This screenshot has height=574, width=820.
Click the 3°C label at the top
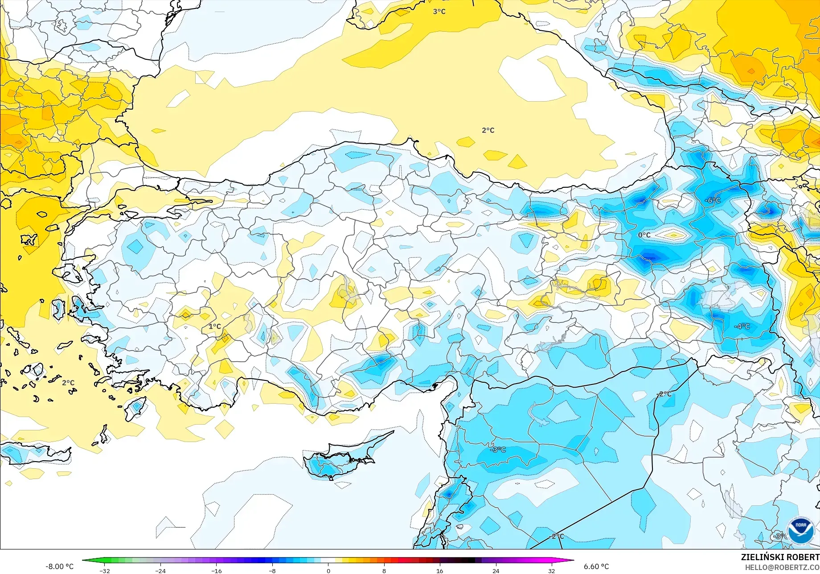pos(439,12)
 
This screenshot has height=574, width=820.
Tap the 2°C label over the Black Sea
pos(488,130)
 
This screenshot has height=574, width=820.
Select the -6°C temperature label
pos(713,200)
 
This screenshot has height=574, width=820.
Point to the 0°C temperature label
pos(644,235)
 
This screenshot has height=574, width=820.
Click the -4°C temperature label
pos(742,326)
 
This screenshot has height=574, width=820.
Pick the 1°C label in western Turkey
pos(215,326)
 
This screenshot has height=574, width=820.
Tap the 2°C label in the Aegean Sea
pos(68,383)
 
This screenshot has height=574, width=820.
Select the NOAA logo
pos(801,531)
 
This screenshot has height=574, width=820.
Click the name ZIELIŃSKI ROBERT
pos(780,557)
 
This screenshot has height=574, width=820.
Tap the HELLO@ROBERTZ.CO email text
pos(782,567)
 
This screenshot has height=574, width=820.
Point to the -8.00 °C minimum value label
pos(59,566)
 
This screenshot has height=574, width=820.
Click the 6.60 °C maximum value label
pos(596,566)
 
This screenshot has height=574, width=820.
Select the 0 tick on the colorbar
pos(328,570)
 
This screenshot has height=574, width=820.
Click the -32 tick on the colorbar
pos(104,570)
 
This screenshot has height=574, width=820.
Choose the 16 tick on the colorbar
pos(440,570)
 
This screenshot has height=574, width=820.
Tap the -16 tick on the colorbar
pos(216,570)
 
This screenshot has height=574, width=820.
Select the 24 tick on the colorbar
pos(496,570)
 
